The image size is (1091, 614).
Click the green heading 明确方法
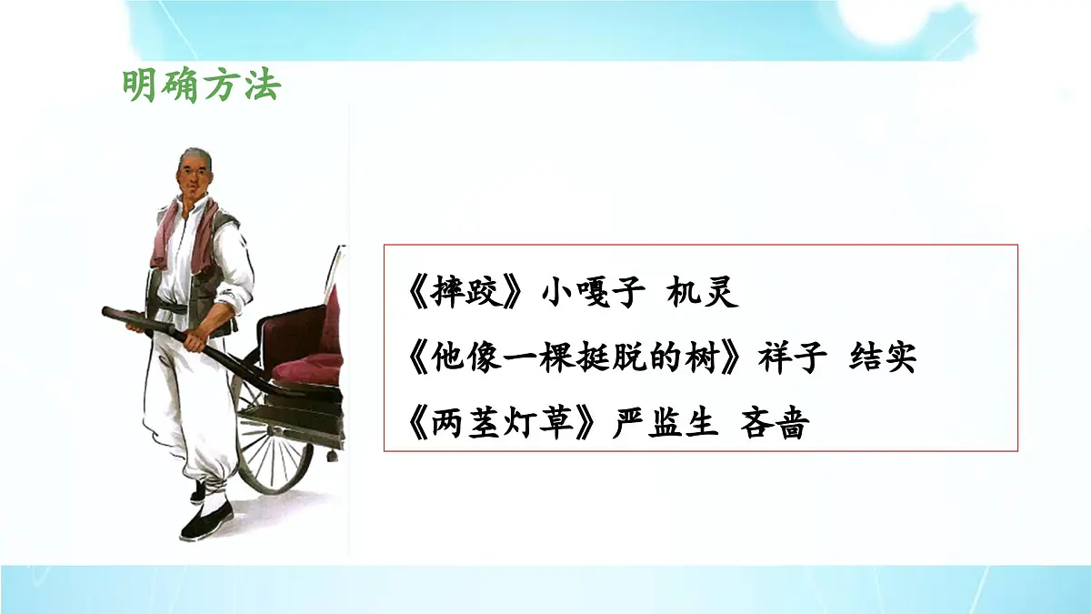tap(202, 86)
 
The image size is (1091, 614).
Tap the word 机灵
tap(703, 293)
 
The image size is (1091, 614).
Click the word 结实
tap(882, 358)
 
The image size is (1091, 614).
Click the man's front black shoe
tap(205, 524)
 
